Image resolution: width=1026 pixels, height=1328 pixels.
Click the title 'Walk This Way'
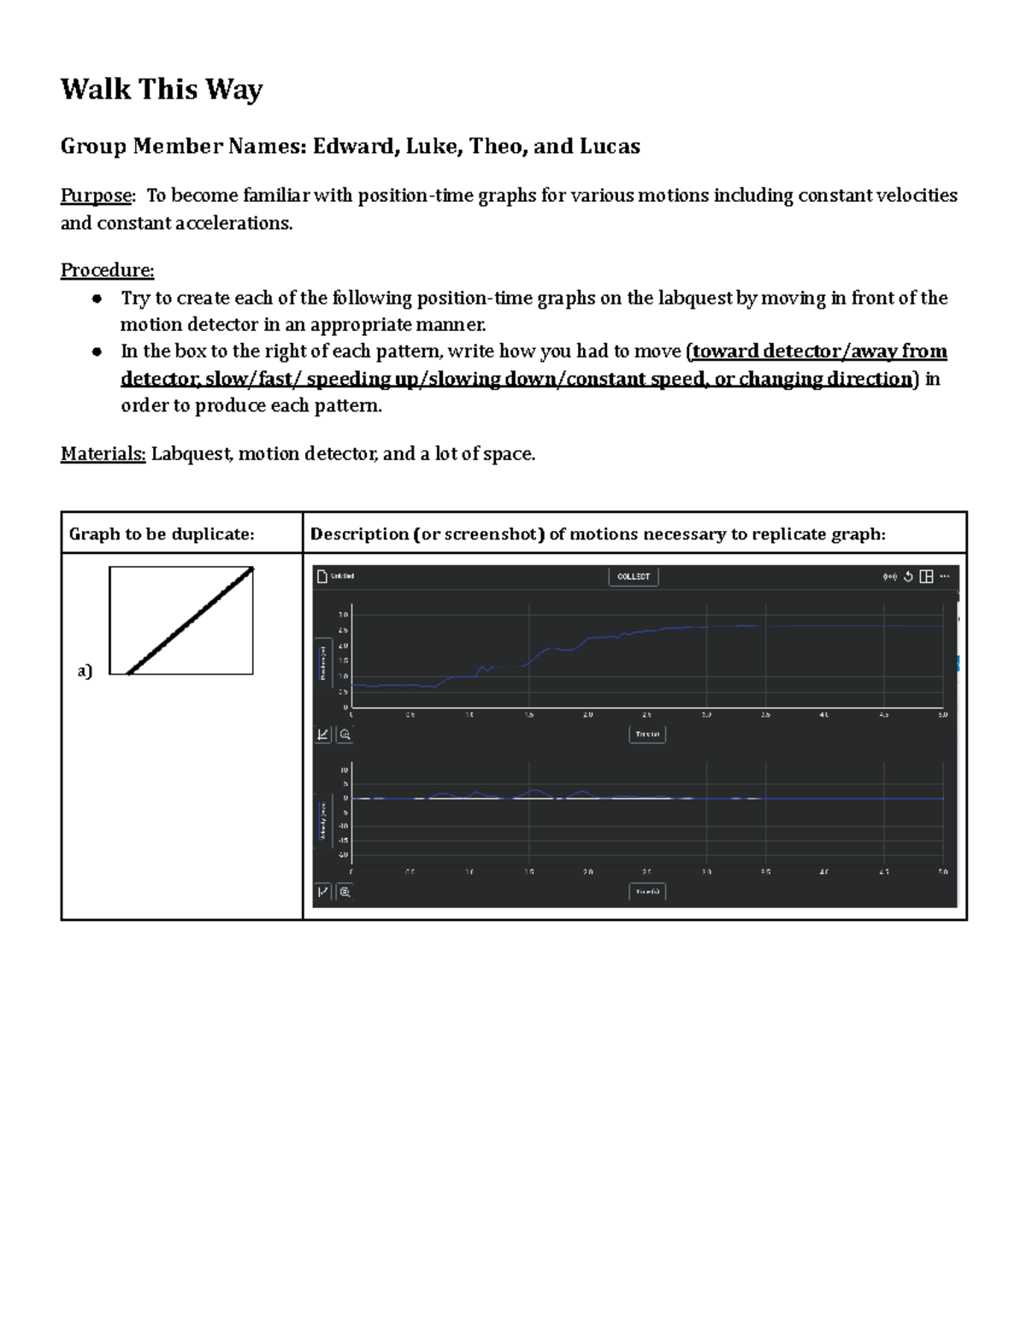click(x=162, y=89)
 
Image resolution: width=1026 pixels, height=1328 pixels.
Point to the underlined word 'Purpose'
click(x=96, y=196)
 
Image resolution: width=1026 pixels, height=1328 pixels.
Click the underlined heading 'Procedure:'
click(x=107, y=270)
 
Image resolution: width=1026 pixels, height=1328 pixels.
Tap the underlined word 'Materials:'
click(x=103, y=454)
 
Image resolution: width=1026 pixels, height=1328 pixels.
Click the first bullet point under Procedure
click(x=97, y=298)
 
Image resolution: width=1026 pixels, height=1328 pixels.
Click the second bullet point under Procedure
click(x=97, y=351)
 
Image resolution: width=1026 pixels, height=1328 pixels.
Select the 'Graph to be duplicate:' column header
click(x=162, y=534)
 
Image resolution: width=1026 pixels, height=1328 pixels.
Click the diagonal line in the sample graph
click(x=190, y=621)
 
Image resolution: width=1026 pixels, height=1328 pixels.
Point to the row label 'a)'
click(x=85, y=671)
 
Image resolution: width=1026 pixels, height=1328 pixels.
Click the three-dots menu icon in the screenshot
click(x=945, y=576)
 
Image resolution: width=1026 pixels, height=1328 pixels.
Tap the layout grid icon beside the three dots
click(x=926, y=577)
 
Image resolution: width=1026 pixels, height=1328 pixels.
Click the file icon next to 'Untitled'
click(x=322, y=576)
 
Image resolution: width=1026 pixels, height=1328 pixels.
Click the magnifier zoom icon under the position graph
click(x=345, y=735)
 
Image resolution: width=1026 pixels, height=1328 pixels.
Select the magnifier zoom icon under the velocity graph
click(x=345, y=892)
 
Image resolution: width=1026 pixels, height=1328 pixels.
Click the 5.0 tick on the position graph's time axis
click(x=942, y=715)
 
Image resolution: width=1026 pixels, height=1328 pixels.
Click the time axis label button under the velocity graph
click(x=647, y=892)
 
